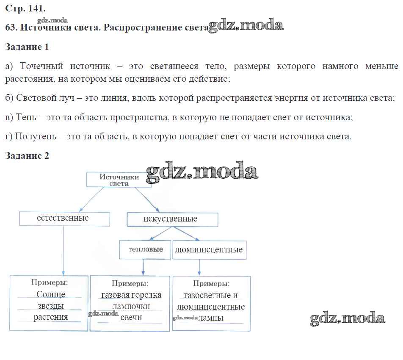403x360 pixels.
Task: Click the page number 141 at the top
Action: (37, 8)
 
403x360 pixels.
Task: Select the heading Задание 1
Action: (27, 47)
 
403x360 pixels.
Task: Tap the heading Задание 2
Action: (27, 156)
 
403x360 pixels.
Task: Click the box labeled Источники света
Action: (119, 180)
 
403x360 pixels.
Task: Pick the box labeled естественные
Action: (64, 219)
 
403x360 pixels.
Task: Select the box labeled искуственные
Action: (172, 219)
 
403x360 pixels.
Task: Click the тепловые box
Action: (145, 250)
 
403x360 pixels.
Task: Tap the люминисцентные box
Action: (209, 250)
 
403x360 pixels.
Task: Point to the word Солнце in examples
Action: (51, 294)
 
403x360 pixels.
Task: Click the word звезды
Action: (51, 306)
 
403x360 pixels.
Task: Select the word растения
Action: (51, 317)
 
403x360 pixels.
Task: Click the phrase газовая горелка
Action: (131, 295)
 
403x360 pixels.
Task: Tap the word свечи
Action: (131, 318)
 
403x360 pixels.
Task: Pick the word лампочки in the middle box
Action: (131, 306)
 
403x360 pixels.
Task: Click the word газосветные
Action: (207, 296)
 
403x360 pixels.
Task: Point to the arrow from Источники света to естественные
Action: (92, 199)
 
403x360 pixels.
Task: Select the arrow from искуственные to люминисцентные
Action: (185, 234)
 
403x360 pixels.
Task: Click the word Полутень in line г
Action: (36, 136)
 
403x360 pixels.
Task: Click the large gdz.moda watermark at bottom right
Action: (348, 318)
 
